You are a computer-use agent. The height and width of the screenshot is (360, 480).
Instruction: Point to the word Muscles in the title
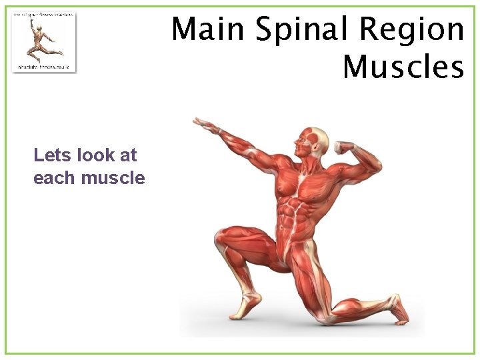[x=403, y=67]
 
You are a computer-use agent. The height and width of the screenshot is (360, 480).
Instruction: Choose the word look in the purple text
[x=97, y=155]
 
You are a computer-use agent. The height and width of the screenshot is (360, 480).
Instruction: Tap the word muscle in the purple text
[x=113, y=178]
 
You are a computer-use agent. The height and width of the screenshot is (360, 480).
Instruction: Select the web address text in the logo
[x=43, y=67]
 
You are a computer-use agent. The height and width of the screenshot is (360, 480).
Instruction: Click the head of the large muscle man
[x=313, y=141]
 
